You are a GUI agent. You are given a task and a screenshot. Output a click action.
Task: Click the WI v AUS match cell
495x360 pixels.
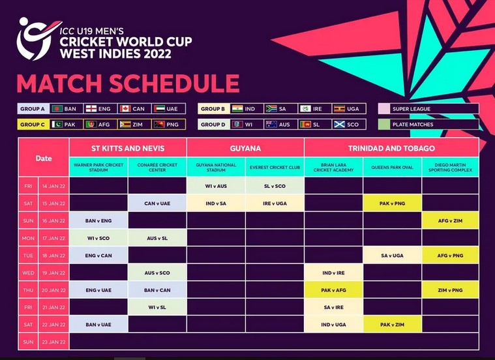coord(216,186)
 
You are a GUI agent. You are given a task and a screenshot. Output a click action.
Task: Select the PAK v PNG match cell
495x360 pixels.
coord(392,203)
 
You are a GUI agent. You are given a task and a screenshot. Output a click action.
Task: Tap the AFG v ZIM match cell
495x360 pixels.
coord(450,220)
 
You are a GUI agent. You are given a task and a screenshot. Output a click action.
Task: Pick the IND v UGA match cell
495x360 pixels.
coord(334,324)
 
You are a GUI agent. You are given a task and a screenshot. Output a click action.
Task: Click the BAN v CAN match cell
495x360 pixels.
coord(157,290)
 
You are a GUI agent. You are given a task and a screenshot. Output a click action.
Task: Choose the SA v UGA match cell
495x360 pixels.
coord(392,255)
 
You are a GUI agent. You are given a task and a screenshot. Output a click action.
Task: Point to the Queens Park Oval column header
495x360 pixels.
coord(392,168)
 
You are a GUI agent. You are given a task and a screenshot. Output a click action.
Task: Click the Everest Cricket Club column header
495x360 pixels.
coord(275,168)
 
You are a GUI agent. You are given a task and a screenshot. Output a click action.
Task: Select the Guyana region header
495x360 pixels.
coord(245,148)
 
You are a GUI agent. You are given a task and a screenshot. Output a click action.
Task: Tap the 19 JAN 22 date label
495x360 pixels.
coord(53,273)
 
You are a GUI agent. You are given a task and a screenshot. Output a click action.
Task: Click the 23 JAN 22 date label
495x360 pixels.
coord(53,342)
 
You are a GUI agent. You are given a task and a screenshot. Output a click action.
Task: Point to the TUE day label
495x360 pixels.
coord(28,256)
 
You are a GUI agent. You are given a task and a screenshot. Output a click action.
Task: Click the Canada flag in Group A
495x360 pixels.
coord(125,109)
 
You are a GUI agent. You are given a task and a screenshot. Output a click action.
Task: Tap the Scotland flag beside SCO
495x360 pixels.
coord(339,125)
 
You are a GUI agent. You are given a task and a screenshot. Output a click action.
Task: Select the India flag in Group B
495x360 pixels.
coord(237,109)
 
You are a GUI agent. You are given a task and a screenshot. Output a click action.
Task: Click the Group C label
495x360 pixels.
coord(33,125)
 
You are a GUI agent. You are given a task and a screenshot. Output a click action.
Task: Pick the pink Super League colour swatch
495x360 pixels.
coord(384,109)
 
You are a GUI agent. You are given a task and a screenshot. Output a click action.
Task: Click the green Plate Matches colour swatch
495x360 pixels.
coord(384,125)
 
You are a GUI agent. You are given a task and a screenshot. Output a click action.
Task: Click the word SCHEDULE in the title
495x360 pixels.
coord(174,83)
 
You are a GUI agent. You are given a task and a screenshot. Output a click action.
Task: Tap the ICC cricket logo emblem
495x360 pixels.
coord(35,38)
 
